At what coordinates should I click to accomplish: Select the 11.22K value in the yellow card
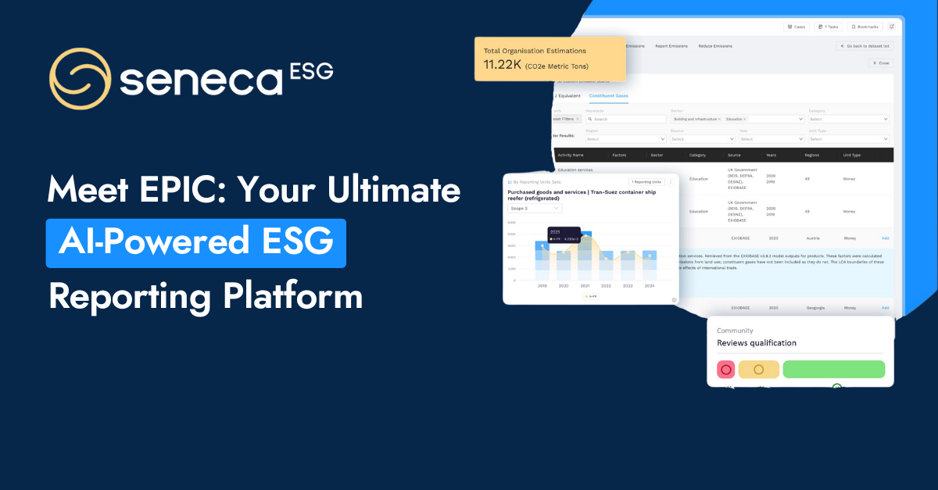coord(503,65)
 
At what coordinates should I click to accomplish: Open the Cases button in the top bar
coord(796,27)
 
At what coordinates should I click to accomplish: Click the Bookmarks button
coord(864,27)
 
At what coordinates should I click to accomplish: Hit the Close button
coord(881,63)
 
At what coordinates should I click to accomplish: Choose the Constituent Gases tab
coord(608,95)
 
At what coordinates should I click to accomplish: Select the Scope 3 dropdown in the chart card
coord(533,209)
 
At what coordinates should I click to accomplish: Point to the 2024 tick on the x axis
coord(650,287)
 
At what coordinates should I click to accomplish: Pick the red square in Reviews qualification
coord(726,370)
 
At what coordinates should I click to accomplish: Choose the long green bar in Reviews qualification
coord(833,370)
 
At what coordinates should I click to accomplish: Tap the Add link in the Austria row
coord(886,238)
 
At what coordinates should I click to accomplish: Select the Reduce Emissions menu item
coord(715,46)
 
